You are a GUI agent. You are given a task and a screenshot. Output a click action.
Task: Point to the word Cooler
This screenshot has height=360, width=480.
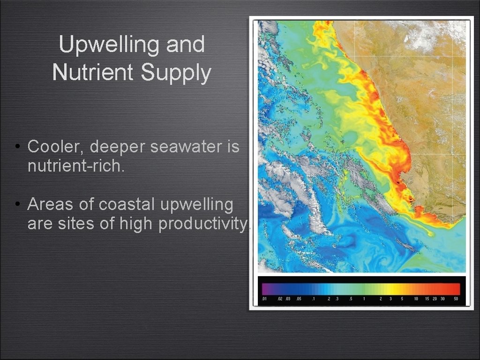[55, 147]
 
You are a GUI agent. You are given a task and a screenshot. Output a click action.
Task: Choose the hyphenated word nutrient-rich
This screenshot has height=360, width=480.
[75, 166]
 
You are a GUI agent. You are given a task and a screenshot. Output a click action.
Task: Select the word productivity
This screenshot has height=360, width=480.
[202, 224]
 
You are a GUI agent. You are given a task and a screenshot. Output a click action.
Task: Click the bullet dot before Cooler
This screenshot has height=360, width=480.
[16, 147]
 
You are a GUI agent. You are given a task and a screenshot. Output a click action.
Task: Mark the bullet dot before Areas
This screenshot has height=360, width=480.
[16, 205]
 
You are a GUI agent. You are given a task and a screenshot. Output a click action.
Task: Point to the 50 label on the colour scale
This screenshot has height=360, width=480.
[456, 299]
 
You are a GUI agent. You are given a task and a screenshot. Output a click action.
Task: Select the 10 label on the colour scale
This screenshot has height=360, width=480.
[416, 299]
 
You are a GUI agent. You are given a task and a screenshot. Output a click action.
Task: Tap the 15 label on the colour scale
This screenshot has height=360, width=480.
[427, 299]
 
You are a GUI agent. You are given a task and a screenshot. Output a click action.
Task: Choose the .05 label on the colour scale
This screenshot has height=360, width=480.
[299, 299]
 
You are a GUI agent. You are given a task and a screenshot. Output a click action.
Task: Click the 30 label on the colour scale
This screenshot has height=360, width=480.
[442, 299]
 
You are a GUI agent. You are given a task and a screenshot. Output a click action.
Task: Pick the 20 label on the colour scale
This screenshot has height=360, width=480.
[435, 299]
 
